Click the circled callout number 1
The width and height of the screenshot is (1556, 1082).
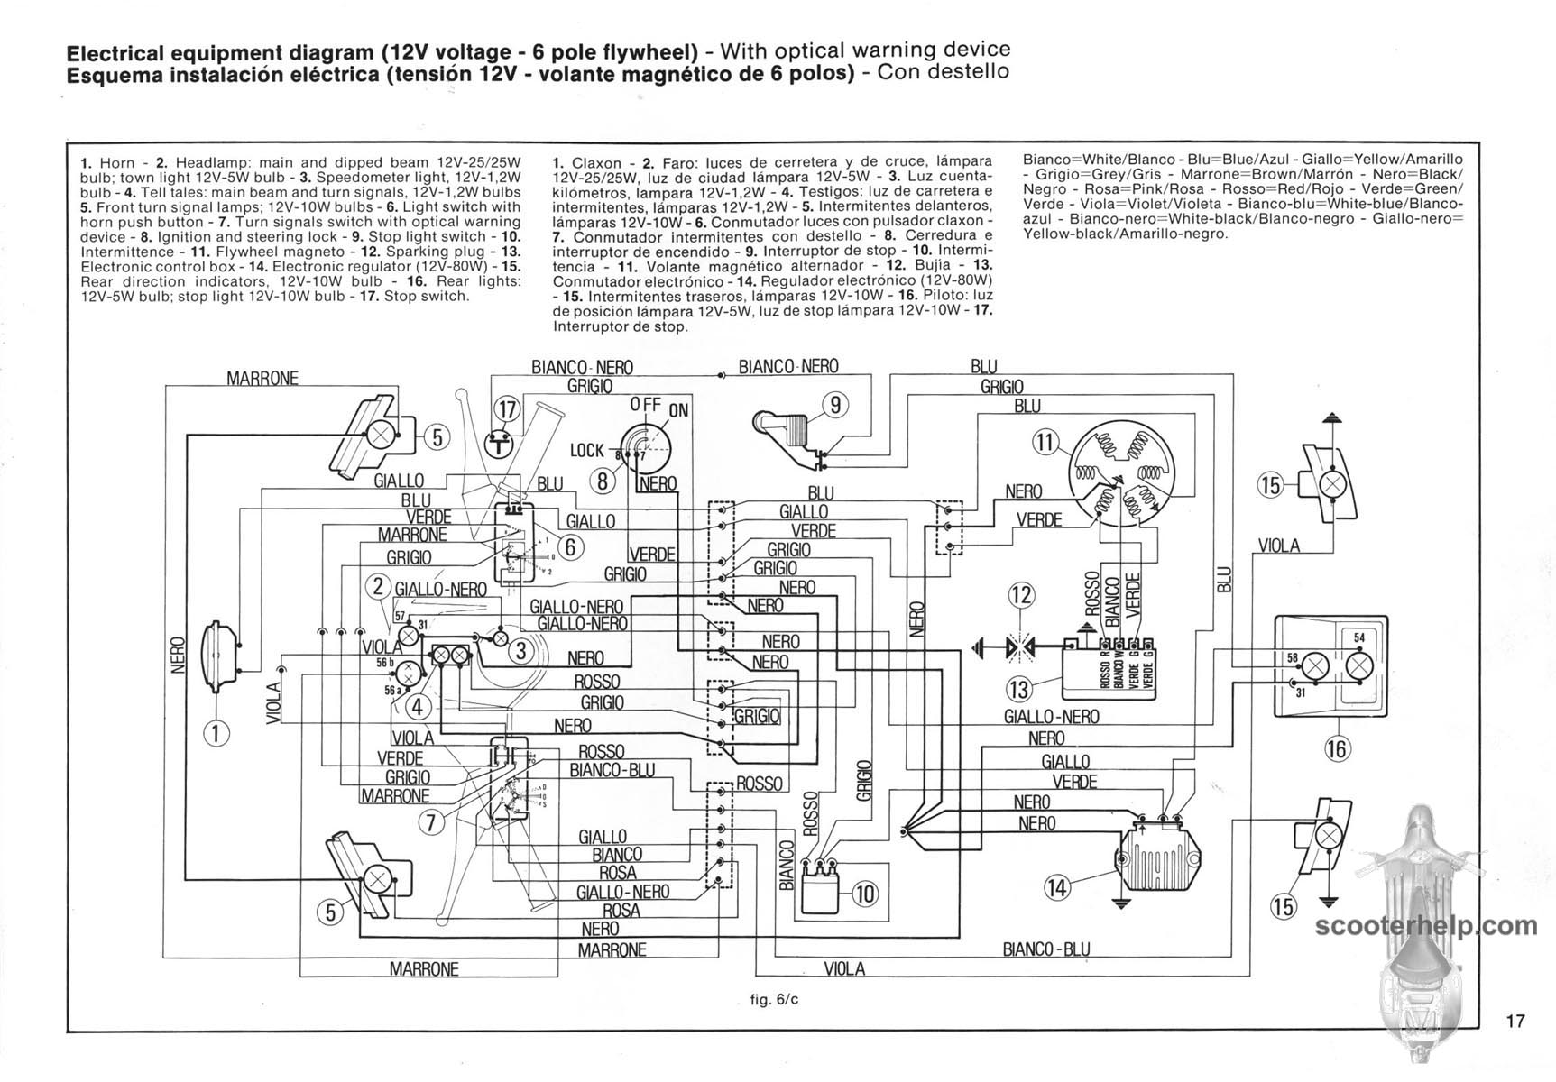pos(216,732)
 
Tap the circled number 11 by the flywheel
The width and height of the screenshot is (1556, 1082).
pos(1045,443)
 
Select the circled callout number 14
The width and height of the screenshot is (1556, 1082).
pos(1056,887)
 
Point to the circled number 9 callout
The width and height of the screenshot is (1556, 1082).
pos(835,405)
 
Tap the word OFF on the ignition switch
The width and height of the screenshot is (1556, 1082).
pos(645,405)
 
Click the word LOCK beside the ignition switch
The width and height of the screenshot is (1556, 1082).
pos(586,450)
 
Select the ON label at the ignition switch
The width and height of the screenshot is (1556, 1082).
pos(678,411)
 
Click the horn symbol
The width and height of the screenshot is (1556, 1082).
pos(220,647)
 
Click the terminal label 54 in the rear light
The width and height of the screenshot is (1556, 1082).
pos(1359,637)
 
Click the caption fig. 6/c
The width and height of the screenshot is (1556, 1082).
pos(774,1000)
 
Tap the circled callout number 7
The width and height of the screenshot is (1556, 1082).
pos(432,821)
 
